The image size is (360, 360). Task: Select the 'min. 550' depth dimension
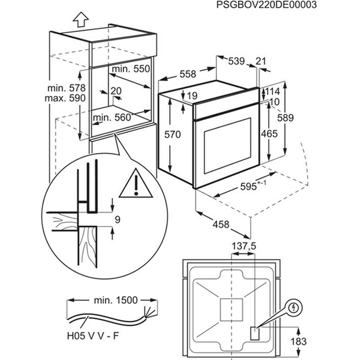(130, 69)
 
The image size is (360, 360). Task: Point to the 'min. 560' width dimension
(111, 118)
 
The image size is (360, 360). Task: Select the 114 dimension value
(272, 91)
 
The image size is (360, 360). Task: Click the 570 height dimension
(172, 134)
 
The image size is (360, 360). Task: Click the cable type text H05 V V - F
(94, 336)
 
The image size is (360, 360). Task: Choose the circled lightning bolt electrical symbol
(294, 308)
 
